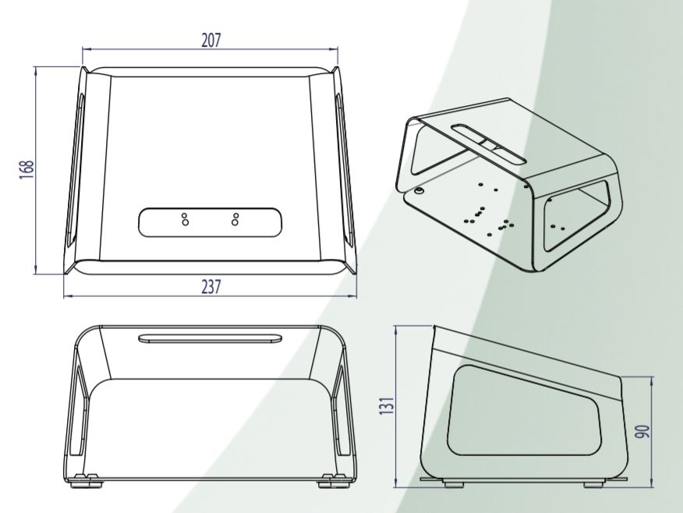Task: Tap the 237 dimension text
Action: point(211,287)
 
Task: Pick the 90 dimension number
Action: point(642,430)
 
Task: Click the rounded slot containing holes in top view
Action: point(210,221)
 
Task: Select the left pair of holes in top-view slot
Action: point(185,219)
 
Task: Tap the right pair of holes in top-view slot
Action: point(235,219)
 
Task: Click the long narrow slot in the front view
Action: point(210,338)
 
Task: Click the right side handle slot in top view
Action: point(342,168)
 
